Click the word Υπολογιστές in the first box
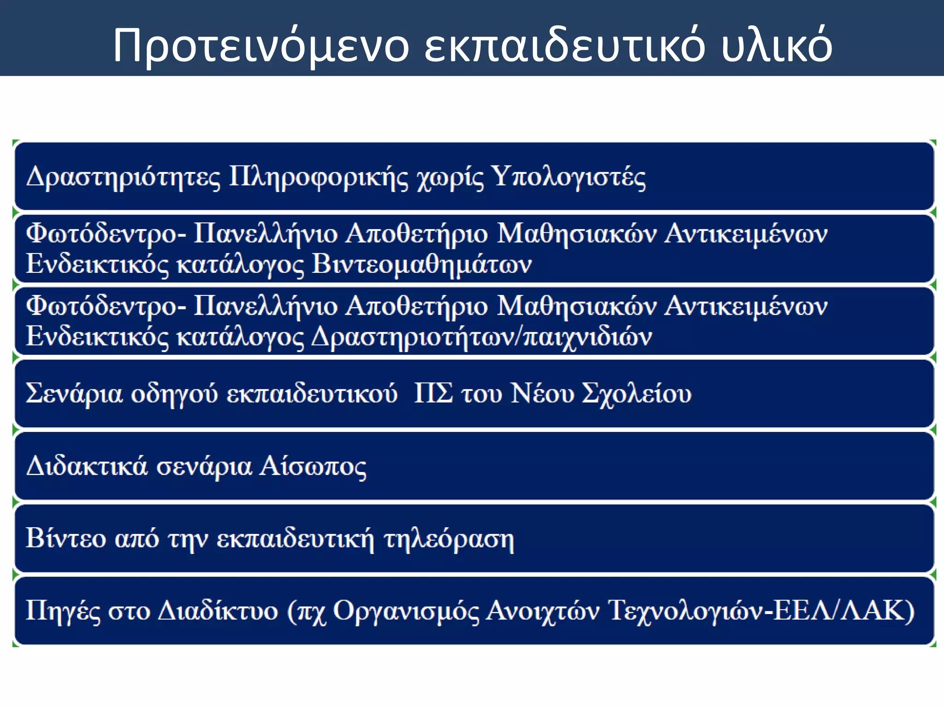tap(568, 177)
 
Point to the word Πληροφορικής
tap(319, 177)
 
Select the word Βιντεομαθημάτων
tap(422, 265)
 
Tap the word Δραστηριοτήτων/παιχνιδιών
tap(482, 337)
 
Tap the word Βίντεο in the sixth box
tap(66, 538)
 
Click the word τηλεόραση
tap(448, 539)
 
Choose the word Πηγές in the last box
tap(63, 611)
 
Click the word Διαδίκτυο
tap(218, 610)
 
